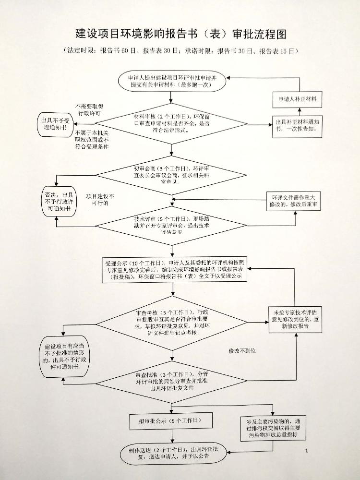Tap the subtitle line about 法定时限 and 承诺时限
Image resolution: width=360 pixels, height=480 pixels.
180,51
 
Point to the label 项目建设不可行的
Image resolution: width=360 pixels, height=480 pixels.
100,200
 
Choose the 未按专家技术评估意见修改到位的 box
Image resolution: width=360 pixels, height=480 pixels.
296,320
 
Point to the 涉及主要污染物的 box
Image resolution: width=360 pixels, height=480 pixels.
272,427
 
